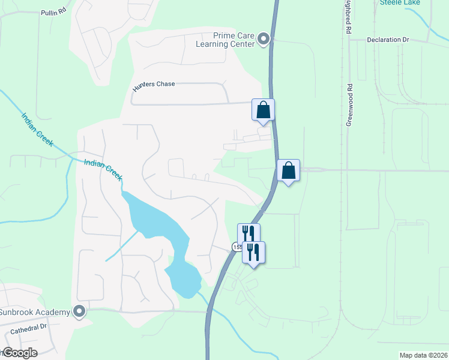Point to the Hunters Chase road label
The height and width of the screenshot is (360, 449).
154,84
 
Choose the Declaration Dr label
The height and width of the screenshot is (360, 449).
388,40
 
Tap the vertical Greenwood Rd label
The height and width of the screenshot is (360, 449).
349,104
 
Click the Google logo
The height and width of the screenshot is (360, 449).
20,353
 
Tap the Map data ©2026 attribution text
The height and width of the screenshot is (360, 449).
424,355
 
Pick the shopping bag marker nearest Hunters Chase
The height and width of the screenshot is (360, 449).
263,110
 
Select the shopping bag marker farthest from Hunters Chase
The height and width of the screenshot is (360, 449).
289,170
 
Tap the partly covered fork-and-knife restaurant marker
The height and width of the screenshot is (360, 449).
247,232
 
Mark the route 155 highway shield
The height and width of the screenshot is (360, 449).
235,247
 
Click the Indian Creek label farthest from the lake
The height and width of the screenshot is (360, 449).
38,130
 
